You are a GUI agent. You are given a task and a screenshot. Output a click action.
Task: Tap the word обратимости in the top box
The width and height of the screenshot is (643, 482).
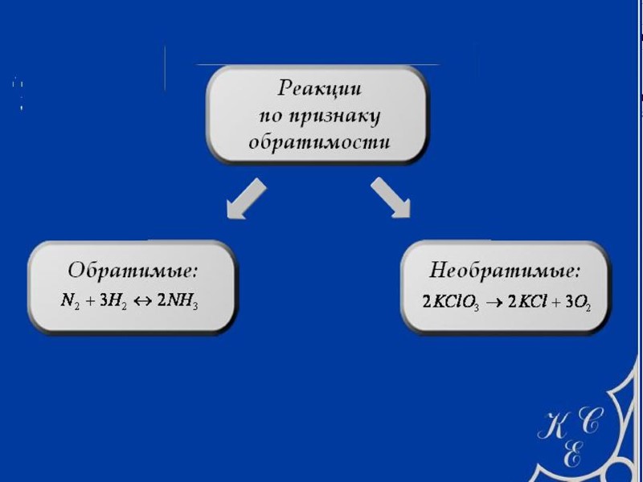point(319,143)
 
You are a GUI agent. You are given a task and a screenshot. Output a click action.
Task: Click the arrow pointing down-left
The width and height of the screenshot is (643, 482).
point(245,198)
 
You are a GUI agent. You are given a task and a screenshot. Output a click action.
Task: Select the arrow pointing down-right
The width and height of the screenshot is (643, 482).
point(391,198)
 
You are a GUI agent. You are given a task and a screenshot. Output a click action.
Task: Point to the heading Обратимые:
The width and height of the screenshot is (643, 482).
point(133,269)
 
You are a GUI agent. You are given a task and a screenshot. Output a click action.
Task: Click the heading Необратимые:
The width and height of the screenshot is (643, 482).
point(506,269)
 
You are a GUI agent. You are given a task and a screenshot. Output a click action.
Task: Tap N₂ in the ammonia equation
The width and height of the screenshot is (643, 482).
point(70,302)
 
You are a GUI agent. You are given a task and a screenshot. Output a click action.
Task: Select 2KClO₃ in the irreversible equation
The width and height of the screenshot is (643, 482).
point(451,303)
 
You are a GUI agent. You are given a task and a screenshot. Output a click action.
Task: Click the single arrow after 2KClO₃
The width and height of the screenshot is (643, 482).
point(494,303)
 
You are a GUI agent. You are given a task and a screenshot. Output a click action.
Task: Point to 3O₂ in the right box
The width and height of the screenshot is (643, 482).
point(580,303)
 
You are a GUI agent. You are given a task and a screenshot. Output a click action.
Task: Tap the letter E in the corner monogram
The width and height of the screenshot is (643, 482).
point(571,455)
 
